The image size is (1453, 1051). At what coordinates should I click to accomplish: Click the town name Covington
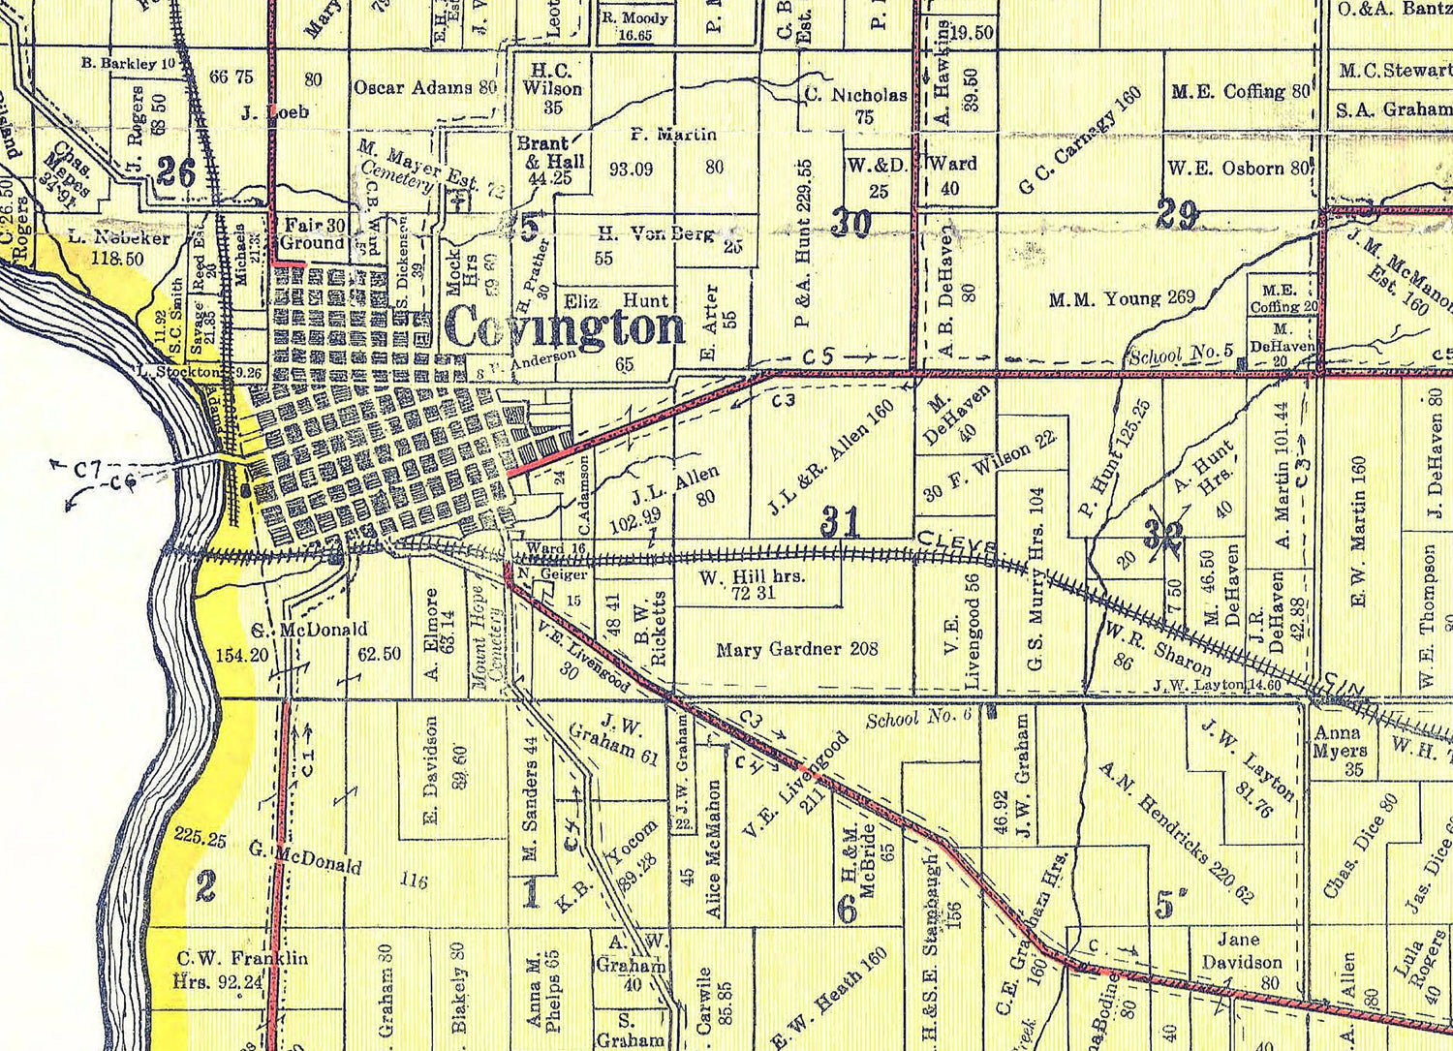(567, 327)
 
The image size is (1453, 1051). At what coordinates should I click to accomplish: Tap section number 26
(176, 172)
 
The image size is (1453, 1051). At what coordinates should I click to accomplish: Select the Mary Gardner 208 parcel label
(796, 649)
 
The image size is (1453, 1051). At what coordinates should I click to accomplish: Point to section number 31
(840, 521)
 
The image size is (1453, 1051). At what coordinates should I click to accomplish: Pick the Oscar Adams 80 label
(424, 87)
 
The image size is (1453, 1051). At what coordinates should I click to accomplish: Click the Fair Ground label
(313, 233)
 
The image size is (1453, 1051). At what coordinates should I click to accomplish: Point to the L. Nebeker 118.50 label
(119, 247)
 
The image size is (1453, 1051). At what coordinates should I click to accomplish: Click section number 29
(1178, 214)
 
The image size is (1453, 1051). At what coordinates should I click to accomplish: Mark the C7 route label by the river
(86, 470)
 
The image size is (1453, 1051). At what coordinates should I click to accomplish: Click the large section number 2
(205, 886)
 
